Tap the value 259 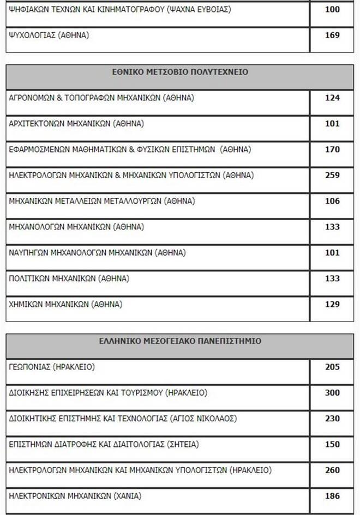332,175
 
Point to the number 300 332,393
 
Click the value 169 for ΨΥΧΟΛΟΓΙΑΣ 332,35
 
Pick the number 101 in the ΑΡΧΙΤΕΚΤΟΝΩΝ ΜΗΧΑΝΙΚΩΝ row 332,124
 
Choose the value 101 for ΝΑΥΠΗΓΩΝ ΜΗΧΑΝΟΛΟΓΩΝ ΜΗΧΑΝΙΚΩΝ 332,253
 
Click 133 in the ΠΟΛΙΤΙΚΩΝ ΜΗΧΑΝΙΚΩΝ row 332,278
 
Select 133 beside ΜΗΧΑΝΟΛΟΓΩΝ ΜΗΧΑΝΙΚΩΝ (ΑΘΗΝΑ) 332,227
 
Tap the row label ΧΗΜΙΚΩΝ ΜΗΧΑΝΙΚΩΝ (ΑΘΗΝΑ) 66,304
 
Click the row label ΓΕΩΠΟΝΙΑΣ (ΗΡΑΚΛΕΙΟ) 52,367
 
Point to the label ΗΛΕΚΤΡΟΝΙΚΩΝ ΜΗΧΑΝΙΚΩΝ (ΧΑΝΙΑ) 75,496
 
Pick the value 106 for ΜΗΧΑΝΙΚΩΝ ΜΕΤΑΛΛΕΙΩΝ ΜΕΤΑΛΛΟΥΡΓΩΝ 332,201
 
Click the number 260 332,470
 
